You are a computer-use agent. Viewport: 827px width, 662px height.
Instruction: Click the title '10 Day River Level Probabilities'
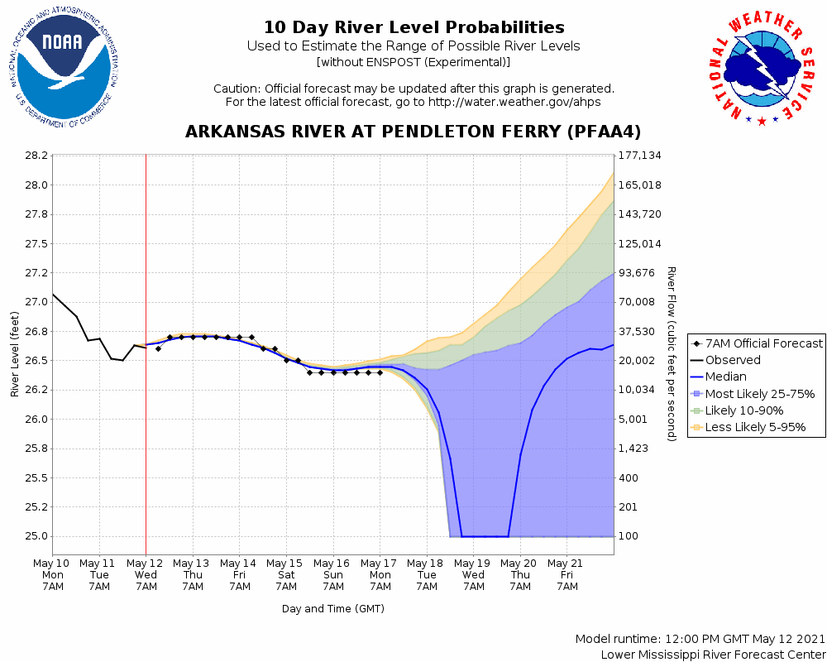(x=413, y=27)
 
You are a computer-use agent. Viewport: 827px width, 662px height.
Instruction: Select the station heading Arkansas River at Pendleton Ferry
(x=413, y=132)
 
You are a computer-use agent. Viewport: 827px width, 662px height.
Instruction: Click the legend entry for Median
(x=725, y=377)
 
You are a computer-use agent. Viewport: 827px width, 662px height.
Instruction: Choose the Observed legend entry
(x=733, y=360)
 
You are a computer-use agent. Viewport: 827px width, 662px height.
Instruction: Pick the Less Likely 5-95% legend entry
(x=755, y=428)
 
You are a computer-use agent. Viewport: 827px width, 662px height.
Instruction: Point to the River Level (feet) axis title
(x=15, y=353)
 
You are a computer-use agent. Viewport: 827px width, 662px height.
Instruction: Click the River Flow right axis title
(x=672, y=353)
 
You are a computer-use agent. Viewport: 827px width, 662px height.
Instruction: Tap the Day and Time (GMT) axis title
(x=333, y=609)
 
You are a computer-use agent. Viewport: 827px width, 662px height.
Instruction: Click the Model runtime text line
(x=700, y=640)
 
